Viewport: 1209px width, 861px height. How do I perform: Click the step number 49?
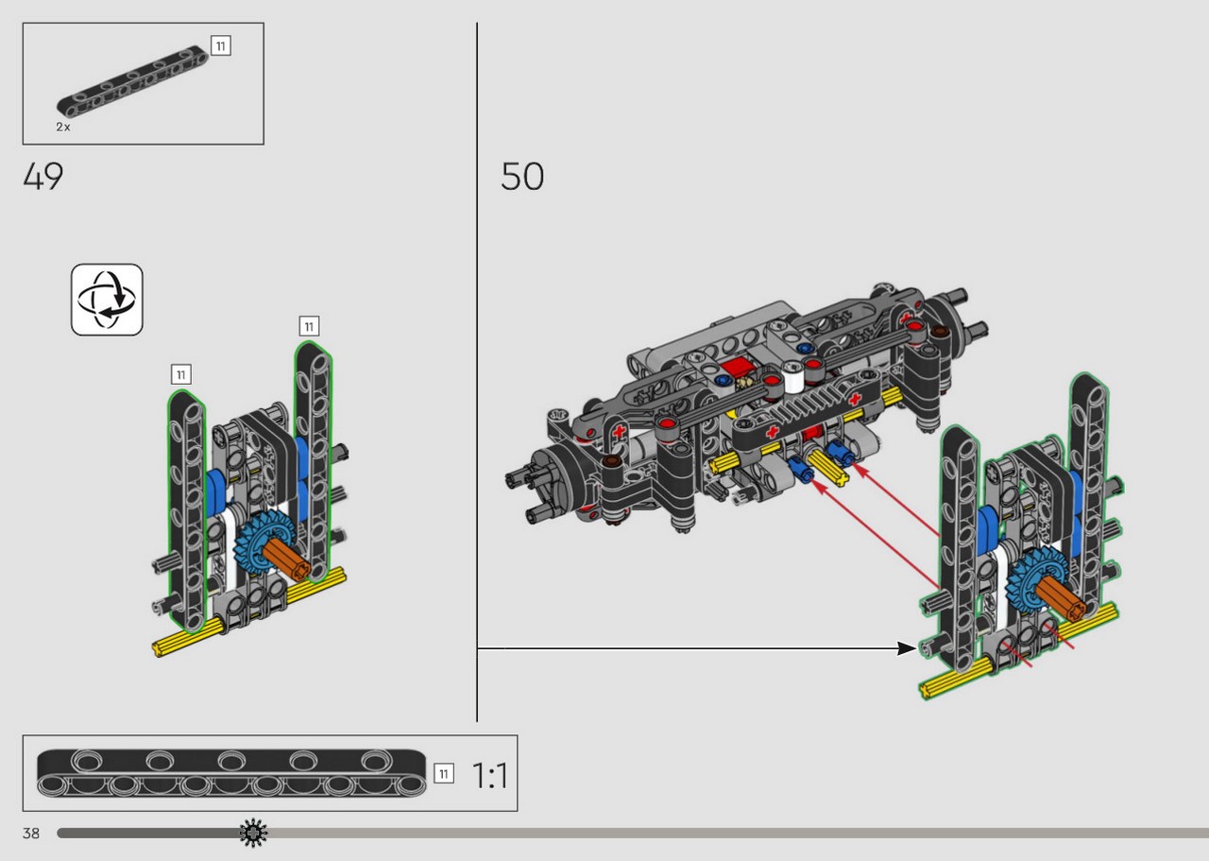pyautogui.click(x=43, y=176)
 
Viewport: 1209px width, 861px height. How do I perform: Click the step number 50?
pyautogui.click(x=522, y=176)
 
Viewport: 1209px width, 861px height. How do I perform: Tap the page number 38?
pyautogui.click(x=31, y=834)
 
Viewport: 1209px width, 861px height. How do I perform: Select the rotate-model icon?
pyautogui.click(x=107, y=300)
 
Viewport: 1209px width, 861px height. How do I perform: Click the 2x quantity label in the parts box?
pyautogui.click(x=62, y=127)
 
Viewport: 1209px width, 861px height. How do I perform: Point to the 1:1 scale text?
pyautogui.click(x=489, y=775)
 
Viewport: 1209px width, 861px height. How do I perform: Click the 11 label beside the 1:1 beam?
pyautogui.click(x=444, y=773)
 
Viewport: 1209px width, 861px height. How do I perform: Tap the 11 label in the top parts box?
pyautogui.click(x=221, y=46)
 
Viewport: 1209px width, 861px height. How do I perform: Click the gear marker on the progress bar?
pyautogui.click(x=253, y=833)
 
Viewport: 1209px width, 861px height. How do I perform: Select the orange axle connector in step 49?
pyautogui.click(x=286, y=560)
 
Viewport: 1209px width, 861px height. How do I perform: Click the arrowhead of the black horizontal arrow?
pyautogui.click(x=907, y=648)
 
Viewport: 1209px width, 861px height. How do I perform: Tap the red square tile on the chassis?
pyautogui.click(x=736, y=368)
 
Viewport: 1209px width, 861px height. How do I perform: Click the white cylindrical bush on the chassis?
pyautogui.click(x=792, y=376)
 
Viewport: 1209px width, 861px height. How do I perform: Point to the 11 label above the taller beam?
pyautogui.click(x=309, y=326)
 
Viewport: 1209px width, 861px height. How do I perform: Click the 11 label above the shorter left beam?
pyautogui.click(x=181, y=374)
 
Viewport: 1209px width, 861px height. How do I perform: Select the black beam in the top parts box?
pyautogui.click(x=132, y=81)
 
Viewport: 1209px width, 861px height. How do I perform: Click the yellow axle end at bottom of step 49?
pyautogui.click(x=162, y=647)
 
